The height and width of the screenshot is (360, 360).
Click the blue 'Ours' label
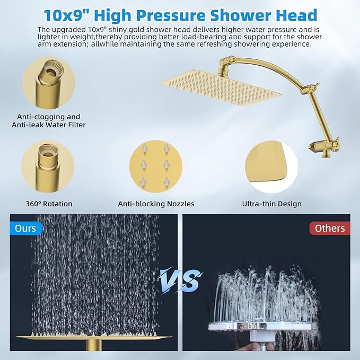[25, 229]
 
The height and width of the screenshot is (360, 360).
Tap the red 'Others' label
[330, 229]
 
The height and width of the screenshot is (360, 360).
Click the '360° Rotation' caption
[49, 204]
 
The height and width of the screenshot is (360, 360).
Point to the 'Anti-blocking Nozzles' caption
[156, 204]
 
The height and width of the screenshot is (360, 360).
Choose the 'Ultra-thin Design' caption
[271, 204]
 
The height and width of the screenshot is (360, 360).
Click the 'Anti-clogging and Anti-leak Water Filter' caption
[49, 121]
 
